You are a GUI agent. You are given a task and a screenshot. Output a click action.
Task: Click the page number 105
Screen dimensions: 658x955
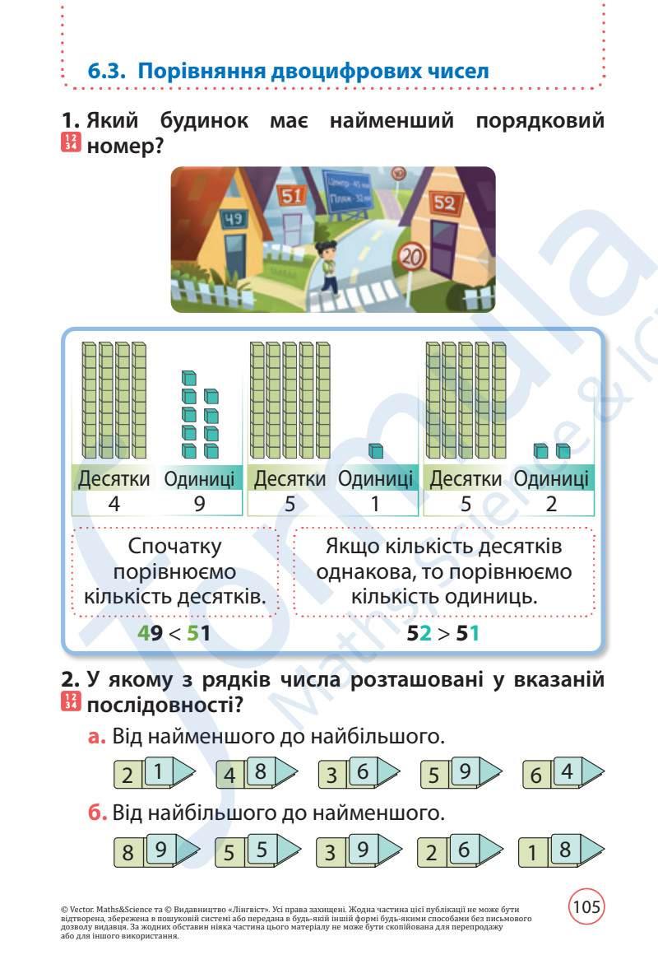pyautogui.click(x=586, y=907)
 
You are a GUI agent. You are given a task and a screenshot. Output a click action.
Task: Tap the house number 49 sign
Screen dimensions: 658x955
pyautogui.click(x=235, y=219)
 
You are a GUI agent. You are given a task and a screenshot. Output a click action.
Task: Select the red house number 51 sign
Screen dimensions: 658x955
pyautogui.click(x=292, y=196)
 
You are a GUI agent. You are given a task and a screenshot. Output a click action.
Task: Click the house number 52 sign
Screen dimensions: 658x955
pyautogui.click(x=443, y=203)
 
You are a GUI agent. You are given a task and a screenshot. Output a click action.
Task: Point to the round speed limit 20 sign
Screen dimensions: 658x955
pyautogui.click(x=414, y=259)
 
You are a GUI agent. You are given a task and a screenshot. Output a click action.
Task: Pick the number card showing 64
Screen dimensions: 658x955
pyautogui.click(x=563, y=774)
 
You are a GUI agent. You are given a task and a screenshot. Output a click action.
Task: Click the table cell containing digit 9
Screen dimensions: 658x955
pyautogui.click(x=200, y=504)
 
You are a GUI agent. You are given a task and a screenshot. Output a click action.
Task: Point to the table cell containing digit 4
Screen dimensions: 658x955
pyautogui.click(x=114, y=504)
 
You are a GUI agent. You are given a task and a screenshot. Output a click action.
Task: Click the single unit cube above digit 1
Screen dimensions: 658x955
pyautogui.click(x=375, y=451)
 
